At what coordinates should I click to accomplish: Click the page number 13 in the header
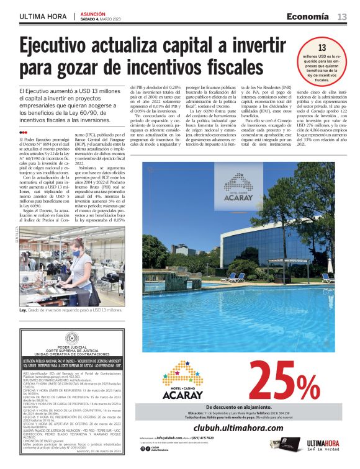point(342,16)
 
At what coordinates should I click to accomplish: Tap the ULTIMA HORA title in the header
point(43,17)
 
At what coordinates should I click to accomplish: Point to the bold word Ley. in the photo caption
point(24,310)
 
